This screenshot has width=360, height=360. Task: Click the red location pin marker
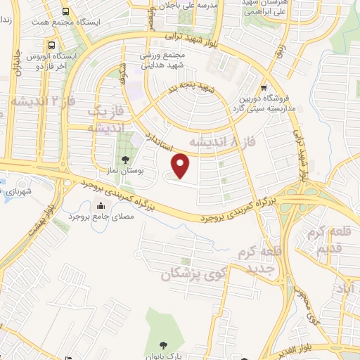(181, 165)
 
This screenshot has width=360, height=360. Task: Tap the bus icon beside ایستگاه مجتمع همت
(65, 12)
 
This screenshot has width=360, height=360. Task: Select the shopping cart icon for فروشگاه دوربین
(263, 89)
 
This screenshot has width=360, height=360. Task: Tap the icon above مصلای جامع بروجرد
(103, 206)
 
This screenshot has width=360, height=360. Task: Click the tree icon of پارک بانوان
(163, 345)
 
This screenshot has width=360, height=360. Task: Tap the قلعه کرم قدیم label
(328, 239)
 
